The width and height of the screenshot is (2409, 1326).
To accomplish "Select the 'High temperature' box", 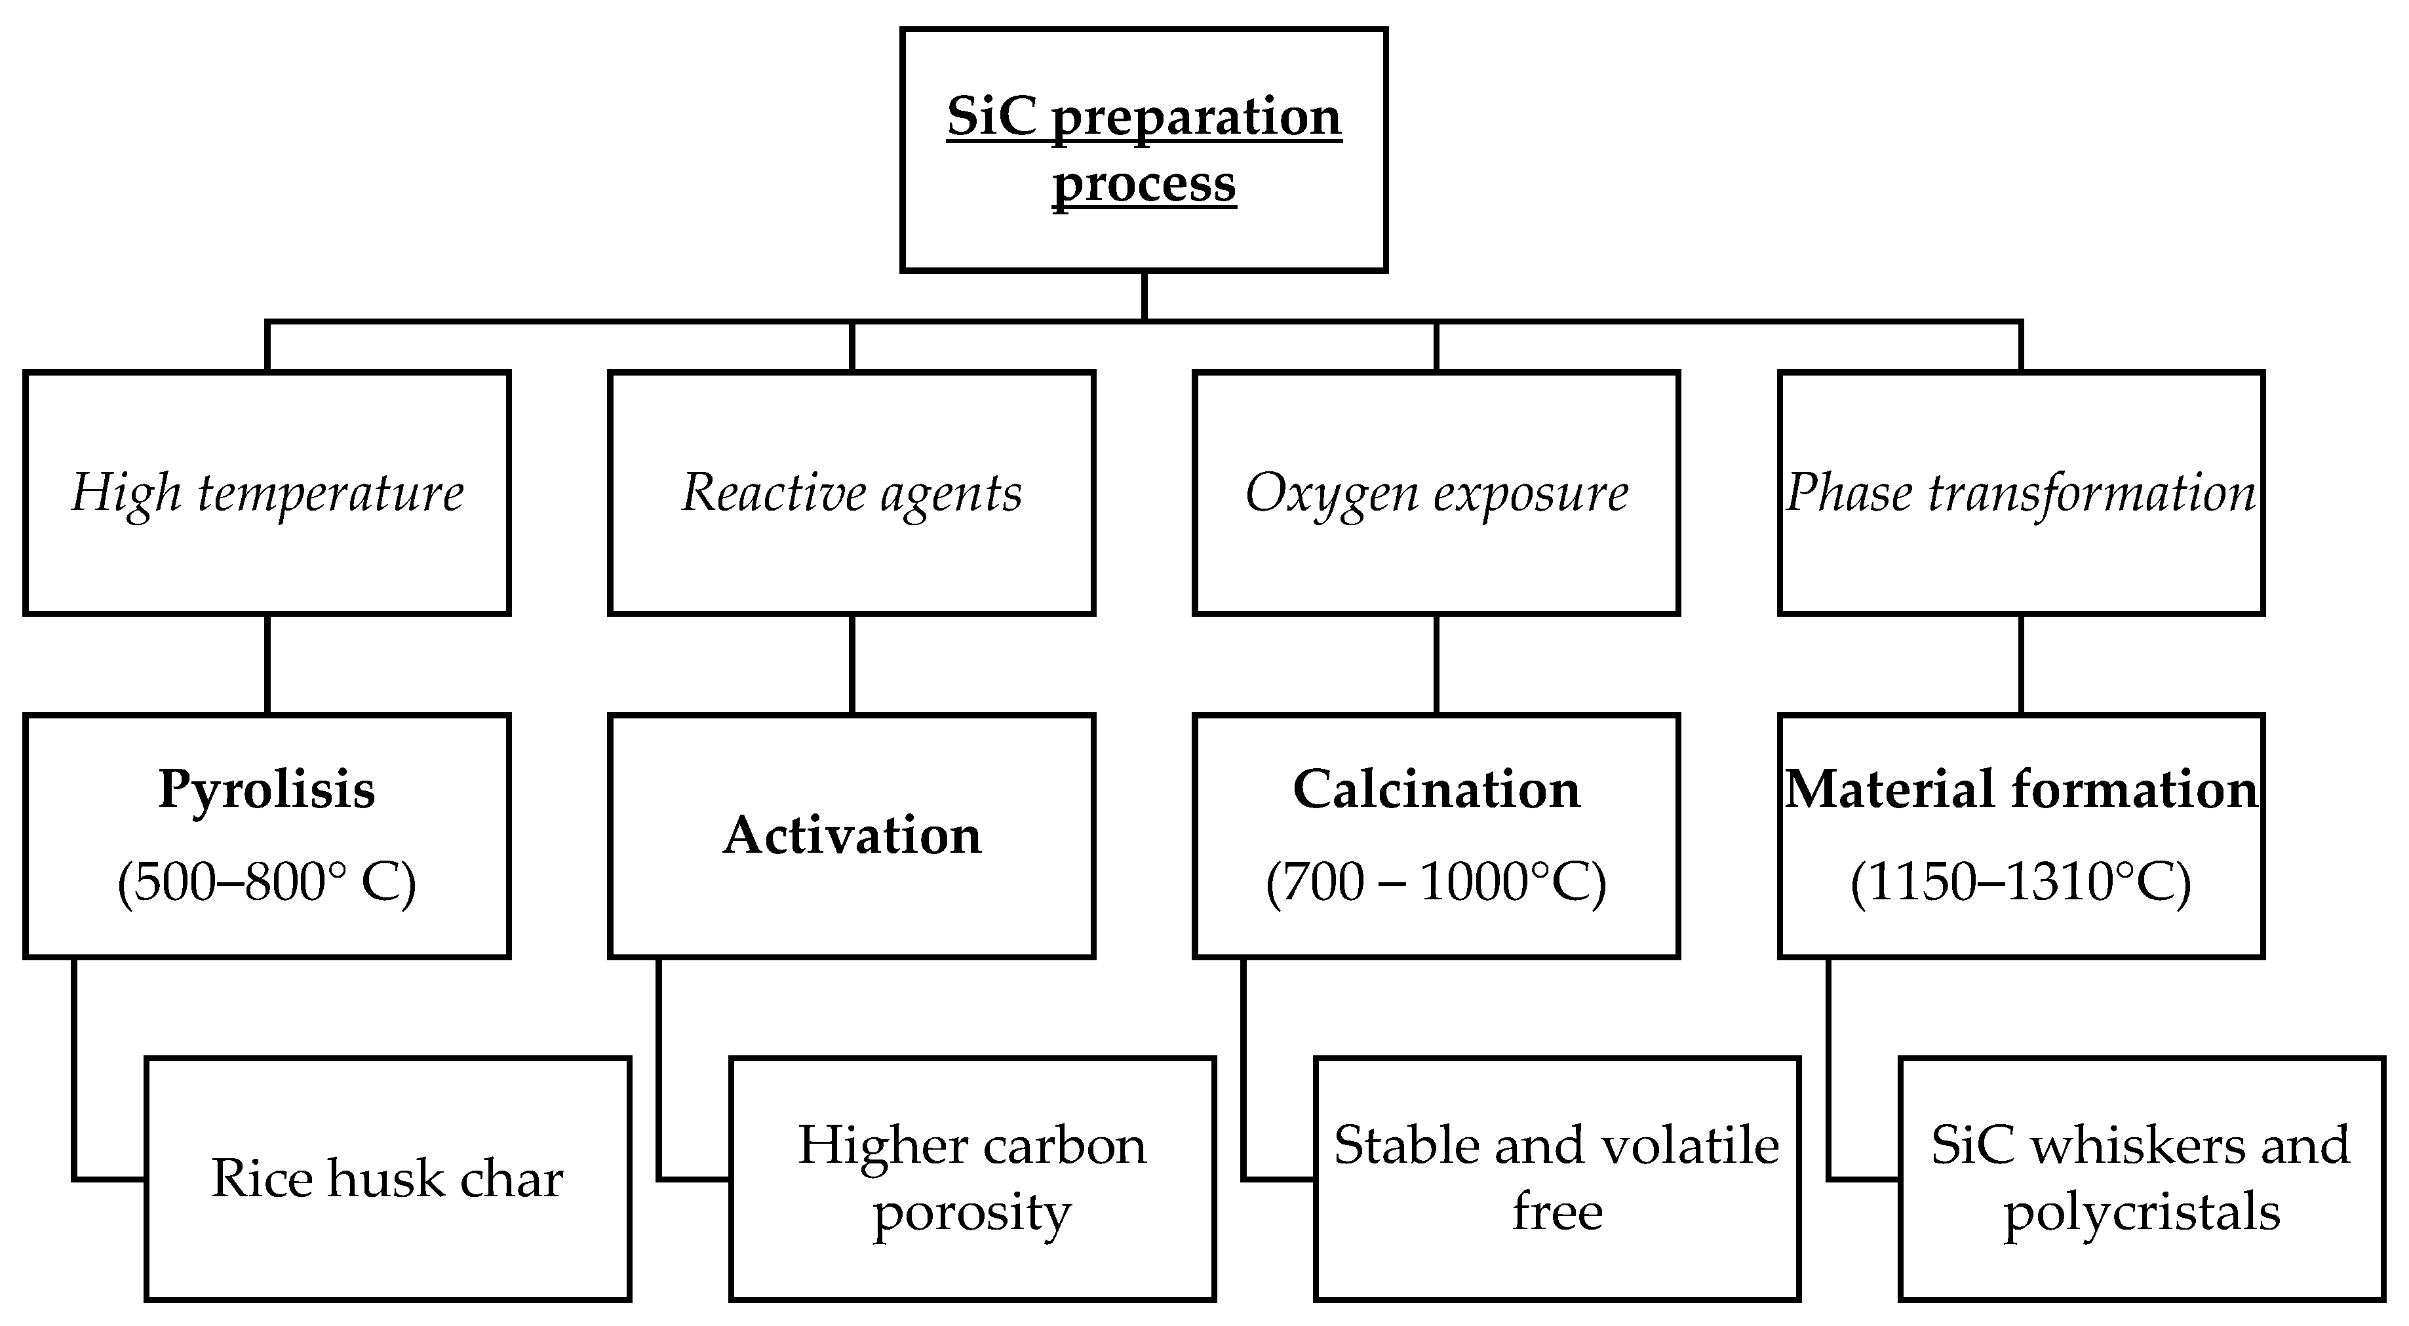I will (x=267, y=493).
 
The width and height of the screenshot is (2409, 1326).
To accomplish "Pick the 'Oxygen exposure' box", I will (x=1436, y=493).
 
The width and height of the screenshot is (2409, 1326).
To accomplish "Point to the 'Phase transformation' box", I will (x=2020, y=493).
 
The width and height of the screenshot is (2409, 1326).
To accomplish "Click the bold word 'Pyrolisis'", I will (x=267, y=789).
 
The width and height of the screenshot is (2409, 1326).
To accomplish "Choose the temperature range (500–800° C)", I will (x=267, y=881).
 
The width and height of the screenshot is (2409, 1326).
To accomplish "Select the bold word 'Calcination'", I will (x=1436, y=789).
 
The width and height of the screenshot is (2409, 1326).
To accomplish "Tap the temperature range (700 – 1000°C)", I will (x=1436, y=881).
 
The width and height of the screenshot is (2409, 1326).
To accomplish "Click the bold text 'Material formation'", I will (x=2020, y=789).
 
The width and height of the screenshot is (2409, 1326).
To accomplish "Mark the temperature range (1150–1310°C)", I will (x=2020, y=881).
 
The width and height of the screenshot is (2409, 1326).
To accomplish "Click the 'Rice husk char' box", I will (x=387, y=1179).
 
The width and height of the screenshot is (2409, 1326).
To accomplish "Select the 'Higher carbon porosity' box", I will (x=971, y=1179).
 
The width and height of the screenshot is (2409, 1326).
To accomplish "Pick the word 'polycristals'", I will (x=2141, y=1212).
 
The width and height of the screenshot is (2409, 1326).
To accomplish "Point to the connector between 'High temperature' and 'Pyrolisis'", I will (x=267, y=664).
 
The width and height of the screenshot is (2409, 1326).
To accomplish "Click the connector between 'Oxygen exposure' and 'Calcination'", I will (x=1436, y=664).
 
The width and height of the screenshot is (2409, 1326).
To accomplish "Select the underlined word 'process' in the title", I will (x=1144, y=184).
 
